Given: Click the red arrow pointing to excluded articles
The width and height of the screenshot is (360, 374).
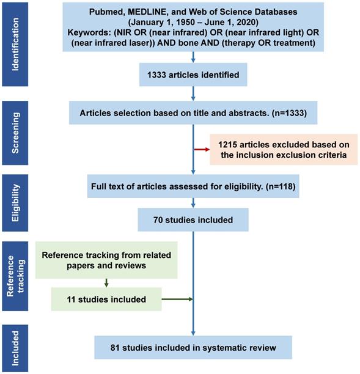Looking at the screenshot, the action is (x=202, y=150).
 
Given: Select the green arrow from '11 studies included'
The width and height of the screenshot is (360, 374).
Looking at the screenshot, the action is (x=177, y=299).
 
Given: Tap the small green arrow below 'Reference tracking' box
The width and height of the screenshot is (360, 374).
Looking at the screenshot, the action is (x=106, y=283).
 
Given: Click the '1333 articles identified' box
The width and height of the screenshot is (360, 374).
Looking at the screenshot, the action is (x=193, y=75).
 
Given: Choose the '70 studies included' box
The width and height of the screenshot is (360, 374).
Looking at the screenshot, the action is (x=193, y=219).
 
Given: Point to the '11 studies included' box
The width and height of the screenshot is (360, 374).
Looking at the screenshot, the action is (x=106, y=299).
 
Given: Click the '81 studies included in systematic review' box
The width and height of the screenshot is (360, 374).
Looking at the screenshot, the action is (x=193, y=348).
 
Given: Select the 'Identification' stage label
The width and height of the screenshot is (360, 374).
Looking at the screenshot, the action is (x=15, y=44).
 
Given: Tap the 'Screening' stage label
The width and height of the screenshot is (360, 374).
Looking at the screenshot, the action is (x=15, y=133).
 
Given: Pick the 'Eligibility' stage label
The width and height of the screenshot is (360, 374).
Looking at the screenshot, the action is (x=15, y=203).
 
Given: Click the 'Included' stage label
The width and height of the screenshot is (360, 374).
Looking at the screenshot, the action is (x=15, y=348).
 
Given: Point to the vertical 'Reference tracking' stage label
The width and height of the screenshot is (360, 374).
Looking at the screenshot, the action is (x=15, y=276).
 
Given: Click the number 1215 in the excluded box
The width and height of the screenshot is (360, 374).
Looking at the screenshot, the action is (x=228, y=145).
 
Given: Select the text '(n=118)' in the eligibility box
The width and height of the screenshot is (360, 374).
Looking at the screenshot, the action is (x=281, y=186).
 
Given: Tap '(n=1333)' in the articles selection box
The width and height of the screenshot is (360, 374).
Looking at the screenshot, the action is (x=289, y=113).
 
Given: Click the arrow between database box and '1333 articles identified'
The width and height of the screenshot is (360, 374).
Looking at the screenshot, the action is (x=193, y=57).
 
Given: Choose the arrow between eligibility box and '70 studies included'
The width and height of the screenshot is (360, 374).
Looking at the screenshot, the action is (x=193, y=203).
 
